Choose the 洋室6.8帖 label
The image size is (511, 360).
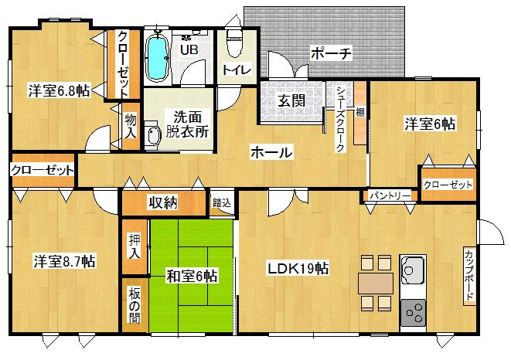coord(60,90)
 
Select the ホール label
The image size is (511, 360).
coord(271,152)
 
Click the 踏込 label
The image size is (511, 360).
coord(222,203)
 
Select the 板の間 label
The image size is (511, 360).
coord(134,305)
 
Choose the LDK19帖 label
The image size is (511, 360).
coord(298,269)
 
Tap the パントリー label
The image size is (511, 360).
coord(389,196)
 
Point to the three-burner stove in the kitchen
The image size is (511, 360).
coord(412,311)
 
